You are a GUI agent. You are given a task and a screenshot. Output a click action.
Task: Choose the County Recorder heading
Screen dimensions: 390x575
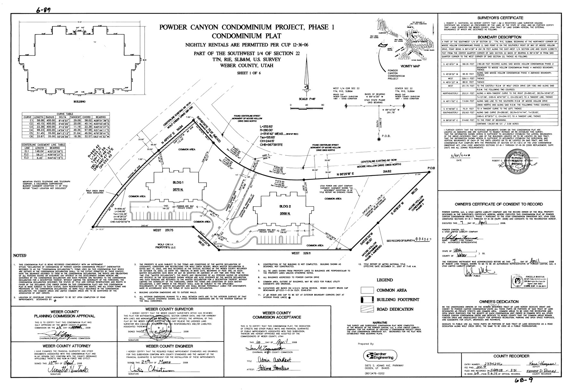[511, 356]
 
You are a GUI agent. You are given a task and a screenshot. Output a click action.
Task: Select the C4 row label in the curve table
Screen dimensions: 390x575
[29, 129]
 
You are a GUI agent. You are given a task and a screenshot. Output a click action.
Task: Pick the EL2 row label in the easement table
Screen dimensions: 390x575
[27, 154]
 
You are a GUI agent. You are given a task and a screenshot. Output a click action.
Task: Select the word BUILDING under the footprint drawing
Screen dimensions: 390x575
[79, 102]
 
